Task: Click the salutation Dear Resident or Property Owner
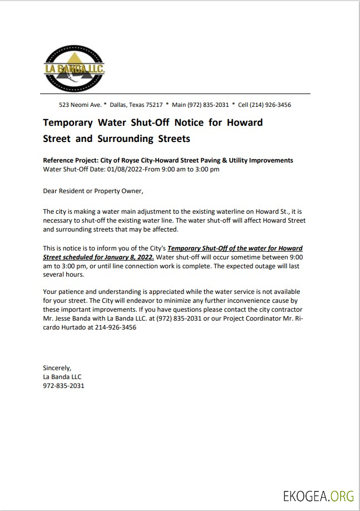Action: (x=93, y=191)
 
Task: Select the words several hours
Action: (x=63, y=274)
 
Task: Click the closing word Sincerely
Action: (x=57, y=367)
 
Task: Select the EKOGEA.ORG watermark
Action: (x=318, y=496)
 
